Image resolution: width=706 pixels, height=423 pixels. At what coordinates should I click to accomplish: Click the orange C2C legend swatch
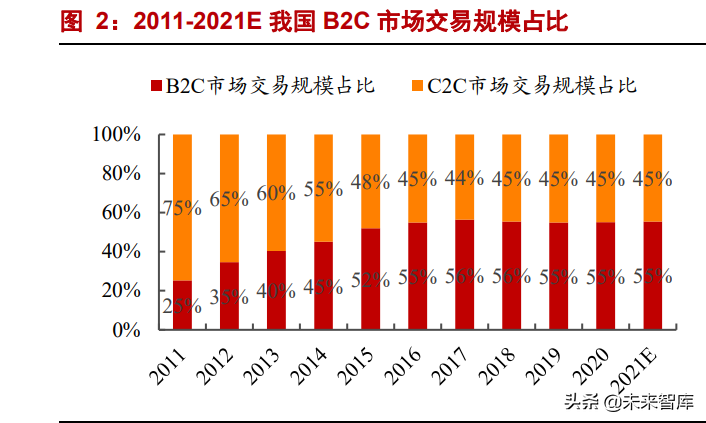click(418, 86)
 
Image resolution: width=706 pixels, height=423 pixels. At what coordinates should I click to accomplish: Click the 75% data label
click(182, 209)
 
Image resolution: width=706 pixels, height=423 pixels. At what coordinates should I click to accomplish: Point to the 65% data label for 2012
click(229, 198)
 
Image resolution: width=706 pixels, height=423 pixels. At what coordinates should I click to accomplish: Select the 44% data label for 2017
click(464, 177)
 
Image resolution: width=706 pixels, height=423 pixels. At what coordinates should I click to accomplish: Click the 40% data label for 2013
click(276, 292)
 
